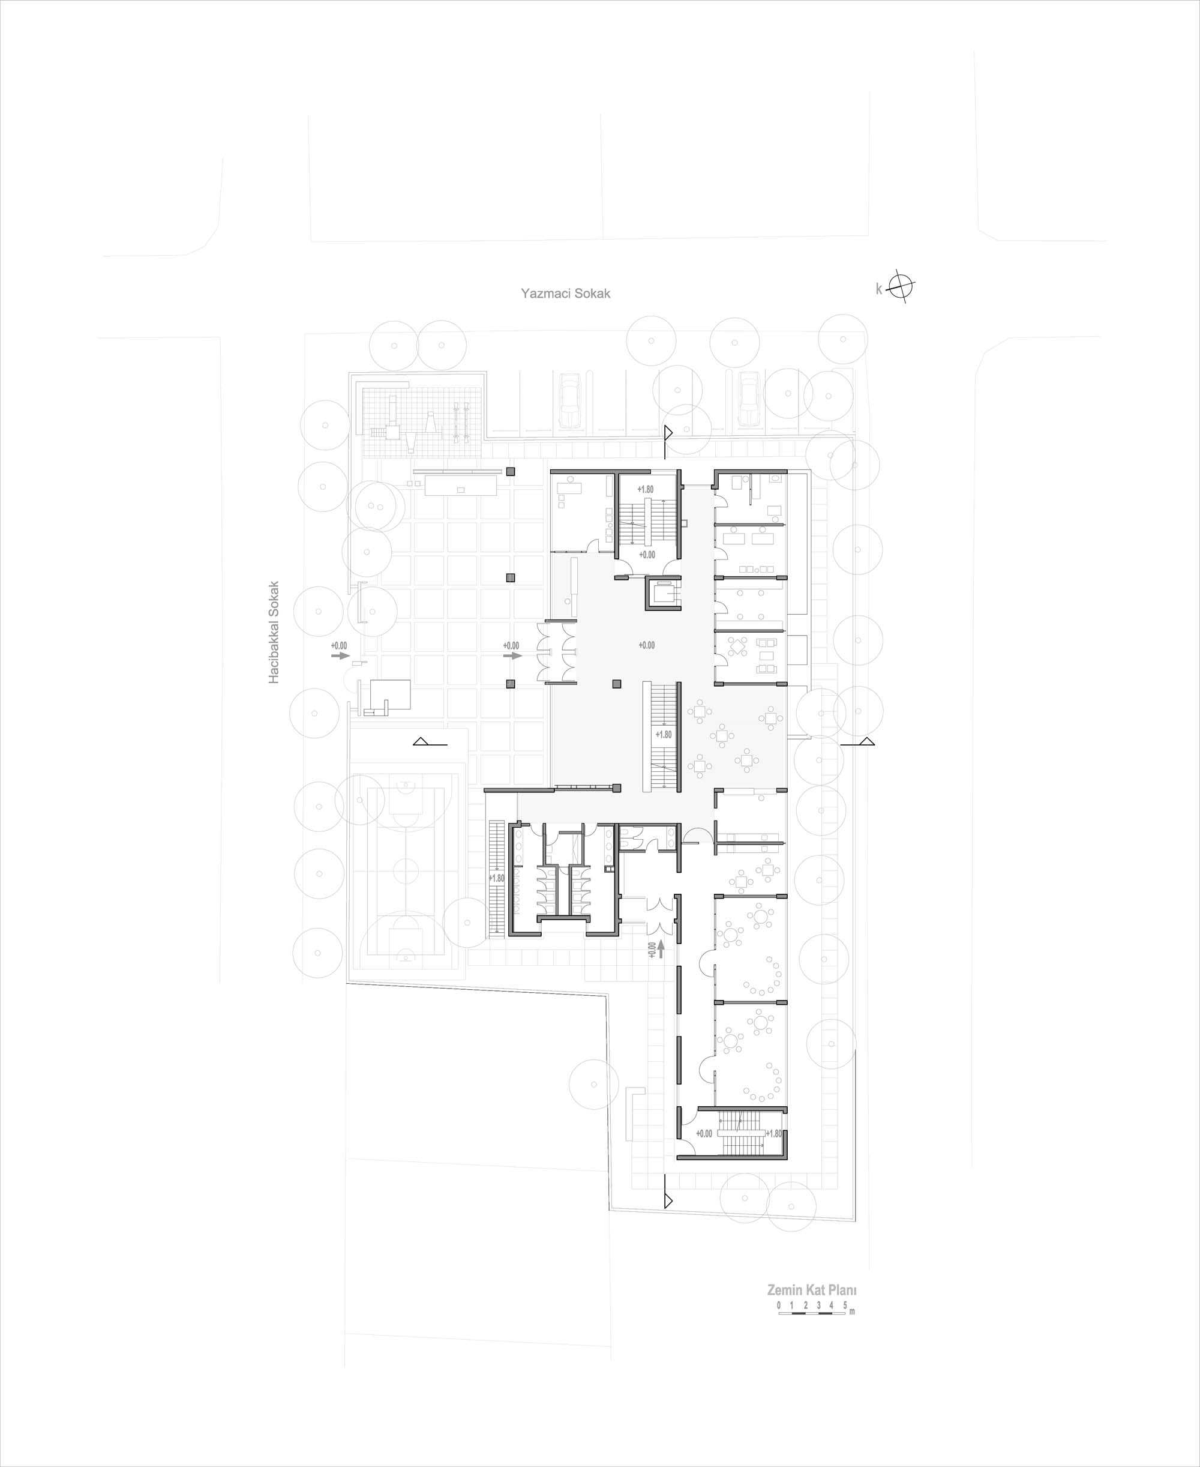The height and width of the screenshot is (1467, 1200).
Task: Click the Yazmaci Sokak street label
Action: click(565, 293)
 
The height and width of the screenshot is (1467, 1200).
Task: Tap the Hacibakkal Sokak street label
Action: click(274, 632)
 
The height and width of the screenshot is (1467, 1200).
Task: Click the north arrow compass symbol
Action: click(901, 286)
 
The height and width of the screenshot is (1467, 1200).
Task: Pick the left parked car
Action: click(569, 400)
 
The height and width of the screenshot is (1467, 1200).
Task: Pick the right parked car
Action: click(748, 400)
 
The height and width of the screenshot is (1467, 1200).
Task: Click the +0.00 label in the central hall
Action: click(646, 645)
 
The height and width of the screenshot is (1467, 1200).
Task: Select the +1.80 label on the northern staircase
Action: click(645, 489)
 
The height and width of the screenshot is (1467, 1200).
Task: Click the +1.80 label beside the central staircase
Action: click(663, 734)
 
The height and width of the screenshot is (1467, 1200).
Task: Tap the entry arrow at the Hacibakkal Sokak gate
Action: click(341, 655)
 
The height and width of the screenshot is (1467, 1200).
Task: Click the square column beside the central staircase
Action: click(617, 684)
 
